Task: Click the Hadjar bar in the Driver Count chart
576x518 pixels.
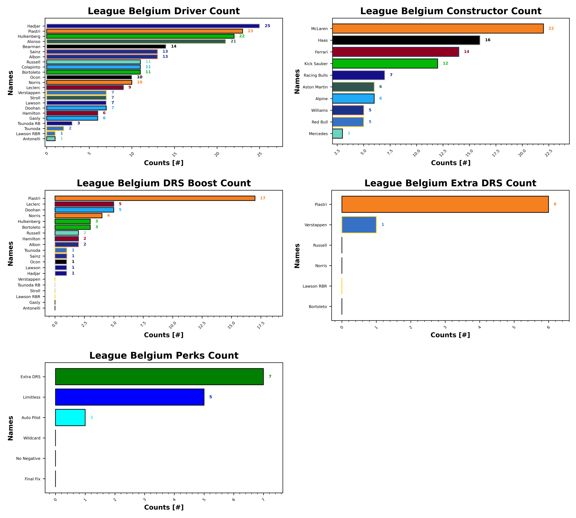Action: pos(153,26)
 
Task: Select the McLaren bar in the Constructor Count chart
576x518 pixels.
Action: pos(437,29)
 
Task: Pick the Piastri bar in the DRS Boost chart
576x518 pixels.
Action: pos(155,198)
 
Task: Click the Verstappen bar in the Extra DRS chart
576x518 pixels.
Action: pos(359,225)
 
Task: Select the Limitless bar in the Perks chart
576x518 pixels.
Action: pos(130,397)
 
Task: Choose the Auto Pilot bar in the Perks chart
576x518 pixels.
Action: pos(70,417)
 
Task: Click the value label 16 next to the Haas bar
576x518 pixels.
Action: pos(487,40)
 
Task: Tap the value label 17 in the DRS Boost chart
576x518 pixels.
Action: pos(262,198)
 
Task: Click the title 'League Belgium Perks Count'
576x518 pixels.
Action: pos(164,356)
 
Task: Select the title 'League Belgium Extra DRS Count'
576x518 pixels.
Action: pos(450,183)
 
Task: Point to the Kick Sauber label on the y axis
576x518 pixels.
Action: pos(316,64)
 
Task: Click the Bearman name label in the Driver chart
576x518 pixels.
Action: pos(31,47)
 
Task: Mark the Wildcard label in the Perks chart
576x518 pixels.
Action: pos(32,438)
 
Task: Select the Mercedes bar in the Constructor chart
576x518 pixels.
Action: pos(337,133)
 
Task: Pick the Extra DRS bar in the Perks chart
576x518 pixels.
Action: pos(159,376)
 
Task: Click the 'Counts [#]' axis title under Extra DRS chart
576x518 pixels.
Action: pos(450,335)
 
